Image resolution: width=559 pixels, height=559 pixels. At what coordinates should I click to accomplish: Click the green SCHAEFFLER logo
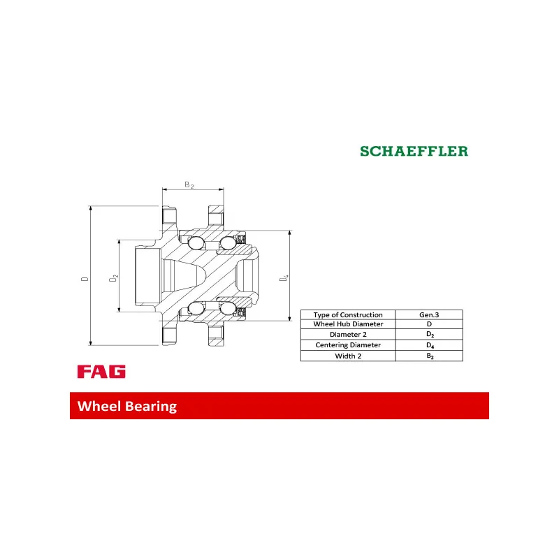(414, 151)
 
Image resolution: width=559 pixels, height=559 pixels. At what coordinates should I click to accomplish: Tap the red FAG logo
(101, 371)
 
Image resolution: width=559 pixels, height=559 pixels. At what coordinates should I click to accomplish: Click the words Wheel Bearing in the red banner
(127, 406)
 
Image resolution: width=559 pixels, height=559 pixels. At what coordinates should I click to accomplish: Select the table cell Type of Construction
(348, 315)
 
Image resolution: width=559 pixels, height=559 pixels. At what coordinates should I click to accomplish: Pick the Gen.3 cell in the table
(429, 315)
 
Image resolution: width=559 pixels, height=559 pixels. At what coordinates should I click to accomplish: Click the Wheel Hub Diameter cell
(348, 325)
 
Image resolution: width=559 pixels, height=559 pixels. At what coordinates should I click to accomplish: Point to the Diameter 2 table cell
(348, 335)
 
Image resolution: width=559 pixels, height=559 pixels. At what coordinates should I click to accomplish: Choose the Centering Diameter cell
(348, 345)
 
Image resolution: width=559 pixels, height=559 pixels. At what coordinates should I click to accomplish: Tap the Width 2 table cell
(348, 356)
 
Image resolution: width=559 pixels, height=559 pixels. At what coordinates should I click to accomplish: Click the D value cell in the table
(429, 325)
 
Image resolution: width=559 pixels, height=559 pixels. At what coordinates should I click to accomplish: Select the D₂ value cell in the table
(429, 335)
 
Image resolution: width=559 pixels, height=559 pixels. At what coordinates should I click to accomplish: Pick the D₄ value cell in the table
(429, 345)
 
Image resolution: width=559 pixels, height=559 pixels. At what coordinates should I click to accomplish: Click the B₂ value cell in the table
(429, 356)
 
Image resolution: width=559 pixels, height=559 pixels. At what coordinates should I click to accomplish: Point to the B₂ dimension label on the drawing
(189, 184)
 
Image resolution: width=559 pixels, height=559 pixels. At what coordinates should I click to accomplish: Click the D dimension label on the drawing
(84, 278)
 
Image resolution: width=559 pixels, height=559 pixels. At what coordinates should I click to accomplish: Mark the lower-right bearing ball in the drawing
(227, 308)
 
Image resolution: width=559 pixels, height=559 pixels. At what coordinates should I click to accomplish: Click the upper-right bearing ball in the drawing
(227, 243)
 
